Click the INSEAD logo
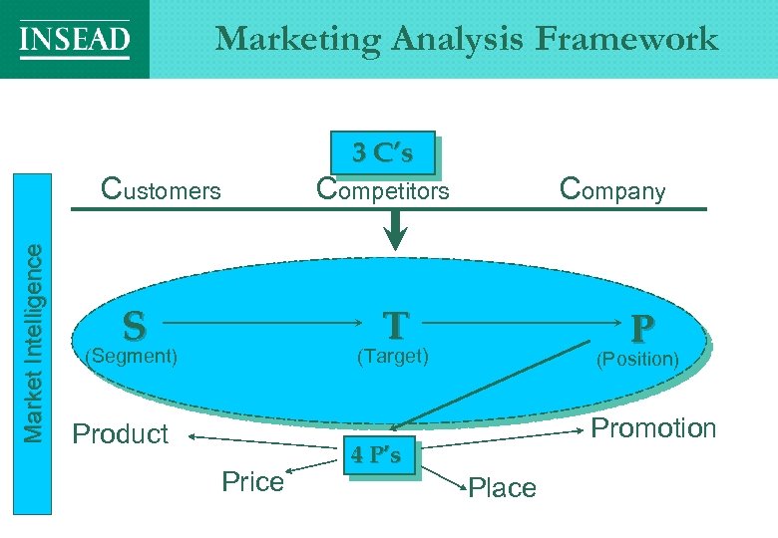point(75,40)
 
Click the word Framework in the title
point(626,39)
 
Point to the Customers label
point(162,188)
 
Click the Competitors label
point(382,188)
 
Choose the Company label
point(612,188)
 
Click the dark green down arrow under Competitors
point(397,233)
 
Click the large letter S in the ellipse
point(134,325)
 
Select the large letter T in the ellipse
point(396,325)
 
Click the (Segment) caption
point(133,355)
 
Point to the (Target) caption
point(393,355)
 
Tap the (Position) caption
point(637,359)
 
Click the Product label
point(121,434)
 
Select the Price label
point(252,482)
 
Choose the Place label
point(502,487)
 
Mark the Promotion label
point(654,428)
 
